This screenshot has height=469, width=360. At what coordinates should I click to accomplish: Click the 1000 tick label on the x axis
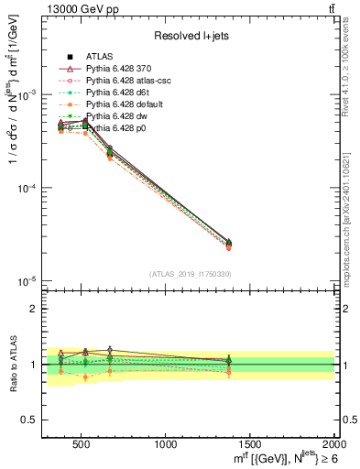[166, 443]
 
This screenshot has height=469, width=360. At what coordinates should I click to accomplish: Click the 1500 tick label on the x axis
[248, 443]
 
